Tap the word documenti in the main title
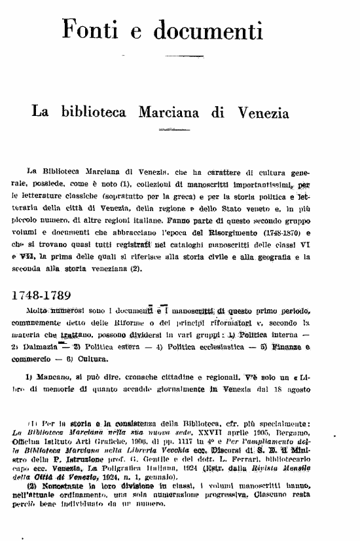201,28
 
